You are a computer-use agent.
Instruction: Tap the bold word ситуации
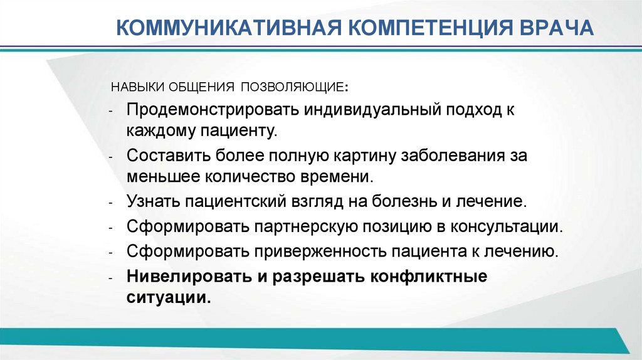point(167,298)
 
